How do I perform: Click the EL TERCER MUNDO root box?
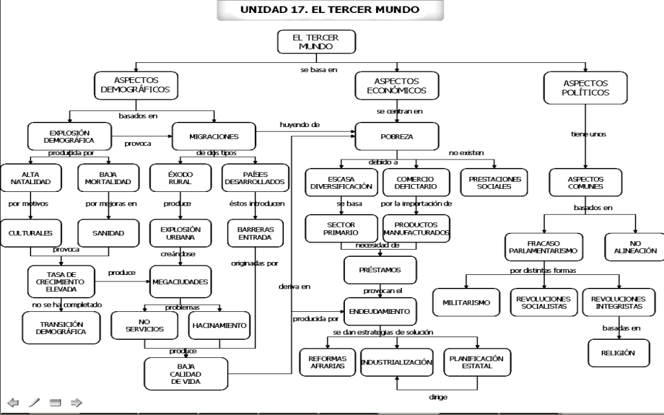coord(316,41)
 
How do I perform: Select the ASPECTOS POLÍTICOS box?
coord(586,88)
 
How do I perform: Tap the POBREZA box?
coord(397,136)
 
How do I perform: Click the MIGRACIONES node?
coord(214,136)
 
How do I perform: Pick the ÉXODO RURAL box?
coord(180,178)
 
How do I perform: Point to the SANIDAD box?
coord(108,233)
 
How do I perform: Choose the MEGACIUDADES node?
coord(180,281)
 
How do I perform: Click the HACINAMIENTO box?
coord(219,326)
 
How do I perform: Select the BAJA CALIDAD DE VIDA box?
coord(186,374)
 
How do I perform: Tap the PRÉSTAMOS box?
coord(380,270)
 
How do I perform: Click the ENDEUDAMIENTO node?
coord(380,311)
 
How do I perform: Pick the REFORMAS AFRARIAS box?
coord(327,362)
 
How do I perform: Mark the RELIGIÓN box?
coord(618,353)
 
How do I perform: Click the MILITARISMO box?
coord(466,302)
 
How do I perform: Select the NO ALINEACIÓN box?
coord(635,247)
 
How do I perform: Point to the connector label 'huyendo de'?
coord(300,124)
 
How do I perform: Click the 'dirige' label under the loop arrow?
coord(438,397)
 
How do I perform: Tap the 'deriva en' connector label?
coord(294,287)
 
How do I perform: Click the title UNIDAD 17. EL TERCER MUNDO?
coord(330,10)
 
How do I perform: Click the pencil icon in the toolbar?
coord(34,402)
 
